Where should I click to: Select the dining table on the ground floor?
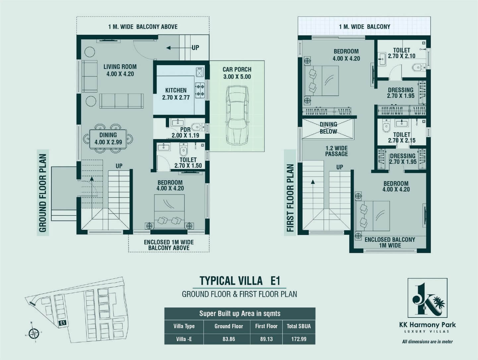pyautogui.click(x=108, y=139)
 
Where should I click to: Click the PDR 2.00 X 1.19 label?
pyautogui.click(x=185, y=133)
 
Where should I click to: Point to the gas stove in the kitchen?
pyautogui.click(x=200, y=90)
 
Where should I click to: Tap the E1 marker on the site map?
pyautogui.click(x=63, y=323)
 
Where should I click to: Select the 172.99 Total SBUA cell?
pyautogui.click(x=299, y=339)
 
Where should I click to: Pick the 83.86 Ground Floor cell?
pyautogui.click(x=229, y=339)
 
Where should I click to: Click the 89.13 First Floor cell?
pyautogui.click(x=266, y=339)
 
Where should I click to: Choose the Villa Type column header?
pyautogui.click(x=184, y=326)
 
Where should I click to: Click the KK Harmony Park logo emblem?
pyautogui.click(x=427, y=297)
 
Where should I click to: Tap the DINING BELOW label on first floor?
pyautogui.click(x=329, y=128)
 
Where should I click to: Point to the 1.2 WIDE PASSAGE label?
pyautogui.click(x=336, y=151)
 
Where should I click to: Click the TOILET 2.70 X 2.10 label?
pyautogui.click(x=401, y=53)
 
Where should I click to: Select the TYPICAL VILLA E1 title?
pyautogui.click(x=240, y=281)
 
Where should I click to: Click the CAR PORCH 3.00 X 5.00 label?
pyautogui.click(x=237, y=73)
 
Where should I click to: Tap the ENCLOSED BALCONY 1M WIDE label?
pyautogui.click(x=390, y=242)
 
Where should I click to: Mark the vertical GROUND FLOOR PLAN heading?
pyautogui.click(x=43, y=193)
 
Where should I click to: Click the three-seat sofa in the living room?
pyautogui.click(x=122, y=101)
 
